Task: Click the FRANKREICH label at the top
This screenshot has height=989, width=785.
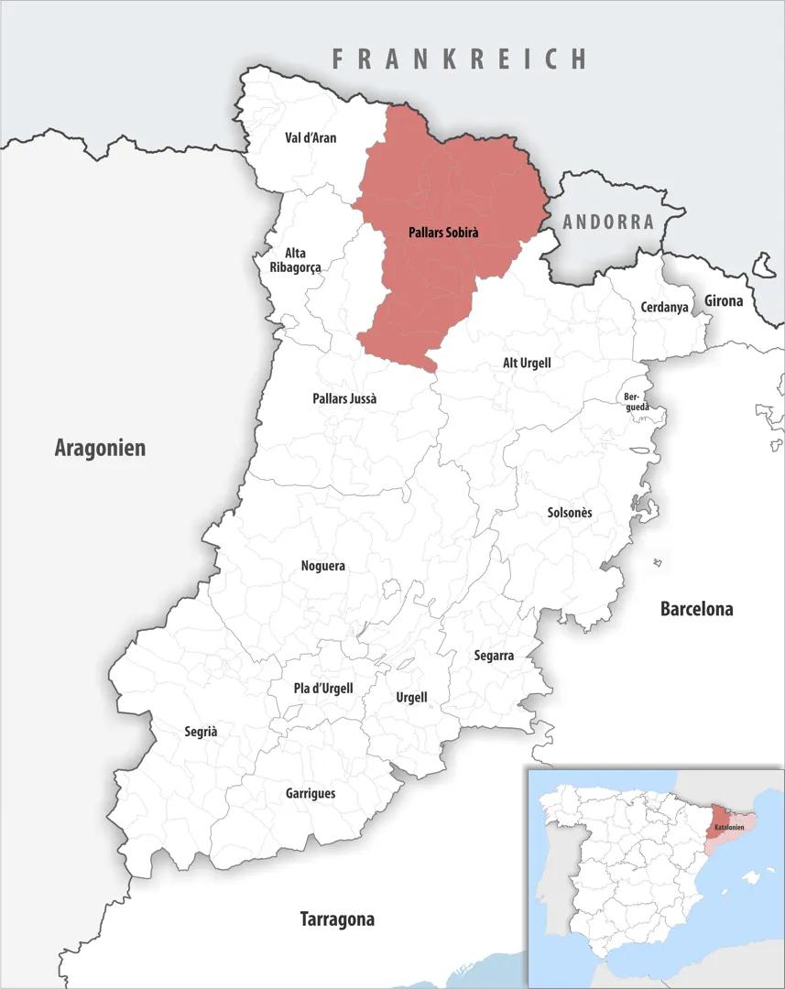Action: coord(459,60)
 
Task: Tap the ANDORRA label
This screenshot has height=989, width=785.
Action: coord(608,222)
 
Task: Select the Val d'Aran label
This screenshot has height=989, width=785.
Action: coord(311,138)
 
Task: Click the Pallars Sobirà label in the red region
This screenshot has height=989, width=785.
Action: coord(443,233)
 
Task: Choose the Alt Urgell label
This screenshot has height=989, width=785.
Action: coord(527,363)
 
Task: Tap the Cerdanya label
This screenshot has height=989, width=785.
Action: coord(664,308)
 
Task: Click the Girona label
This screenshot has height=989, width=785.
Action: coord(724,300)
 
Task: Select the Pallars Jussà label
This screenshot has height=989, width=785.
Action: coord(344,398)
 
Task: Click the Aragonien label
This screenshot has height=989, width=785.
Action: coord(100,448)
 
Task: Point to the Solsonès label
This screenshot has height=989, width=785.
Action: coord(569,513)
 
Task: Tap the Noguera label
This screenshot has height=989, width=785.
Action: coord(322,566)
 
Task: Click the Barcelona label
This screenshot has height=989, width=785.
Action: coord(696,609)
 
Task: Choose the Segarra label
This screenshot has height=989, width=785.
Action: coord(494,656)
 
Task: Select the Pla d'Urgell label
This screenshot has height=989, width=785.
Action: coord(323,689)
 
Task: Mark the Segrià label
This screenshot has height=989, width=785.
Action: coord(201,732)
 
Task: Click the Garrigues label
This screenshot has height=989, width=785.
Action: coord(311,793)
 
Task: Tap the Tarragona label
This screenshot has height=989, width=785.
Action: coord(337,918)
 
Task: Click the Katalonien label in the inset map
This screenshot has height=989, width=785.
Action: coord(729,828)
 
